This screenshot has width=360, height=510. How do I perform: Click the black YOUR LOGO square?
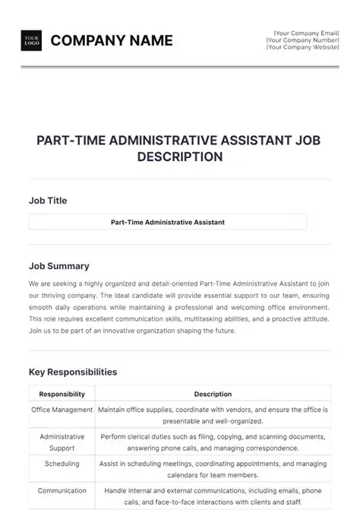[32, 40]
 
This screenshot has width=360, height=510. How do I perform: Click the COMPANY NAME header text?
[112, 40]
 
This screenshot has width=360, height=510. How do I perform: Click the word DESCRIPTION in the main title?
[180, 157]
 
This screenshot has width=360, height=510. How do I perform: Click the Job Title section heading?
[48, 201]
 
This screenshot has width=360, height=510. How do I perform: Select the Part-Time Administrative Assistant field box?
[168, 222]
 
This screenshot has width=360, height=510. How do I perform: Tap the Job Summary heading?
[59, 266]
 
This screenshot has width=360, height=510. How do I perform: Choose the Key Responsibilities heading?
[73, 372]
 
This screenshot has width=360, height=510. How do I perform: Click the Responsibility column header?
[62, 394]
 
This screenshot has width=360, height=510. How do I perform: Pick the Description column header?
[213, 394]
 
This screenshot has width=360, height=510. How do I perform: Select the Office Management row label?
[62, 410]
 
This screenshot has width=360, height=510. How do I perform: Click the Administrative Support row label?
[62, 442]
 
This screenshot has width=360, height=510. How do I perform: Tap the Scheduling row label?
[62, 462]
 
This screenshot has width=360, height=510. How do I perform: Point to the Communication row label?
[62, 491]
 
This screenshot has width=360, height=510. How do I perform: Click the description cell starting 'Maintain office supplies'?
[213, 415]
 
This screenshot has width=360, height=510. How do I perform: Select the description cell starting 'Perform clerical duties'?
[213, 442]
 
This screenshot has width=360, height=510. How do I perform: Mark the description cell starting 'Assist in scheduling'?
[213, 467]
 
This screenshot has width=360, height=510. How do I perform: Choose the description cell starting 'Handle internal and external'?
[213, 496]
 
